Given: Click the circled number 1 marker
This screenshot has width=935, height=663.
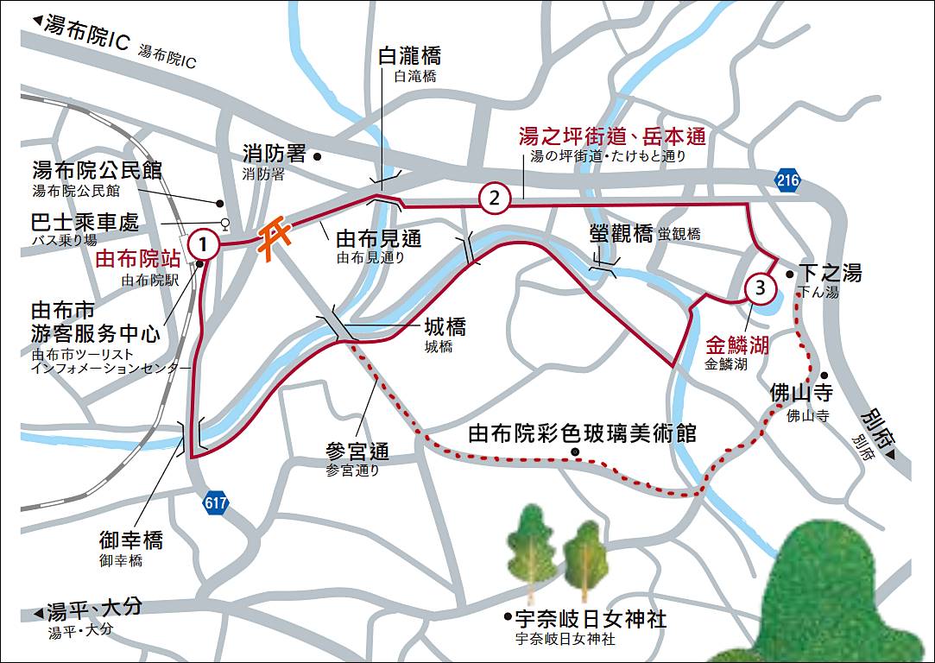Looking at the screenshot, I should (x=203, y=244).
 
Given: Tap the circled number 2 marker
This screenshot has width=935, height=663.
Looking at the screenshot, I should (x=494, y=199).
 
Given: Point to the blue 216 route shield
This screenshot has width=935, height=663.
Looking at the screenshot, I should (x=787, y=180).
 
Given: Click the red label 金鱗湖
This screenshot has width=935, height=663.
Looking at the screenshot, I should (x=736, y=345).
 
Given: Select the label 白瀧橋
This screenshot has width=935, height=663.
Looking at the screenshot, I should (x=410, y=56).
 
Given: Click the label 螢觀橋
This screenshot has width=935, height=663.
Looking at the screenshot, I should (x=620, y=232).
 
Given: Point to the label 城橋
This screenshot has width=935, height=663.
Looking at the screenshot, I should (x=445, y=327).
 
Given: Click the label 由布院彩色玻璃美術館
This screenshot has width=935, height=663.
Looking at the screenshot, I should (x=582, y=433).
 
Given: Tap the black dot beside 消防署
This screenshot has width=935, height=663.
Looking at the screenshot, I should (x=318, y=156).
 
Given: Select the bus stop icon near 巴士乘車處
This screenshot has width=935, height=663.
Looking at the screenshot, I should (x=225, y=223).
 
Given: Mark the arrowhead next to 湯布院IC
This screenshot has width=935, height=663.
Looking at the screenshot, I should (x=36, y=21).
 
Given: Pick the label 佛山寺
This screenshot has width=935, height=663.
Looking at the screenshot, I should (x=800, y=394).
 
